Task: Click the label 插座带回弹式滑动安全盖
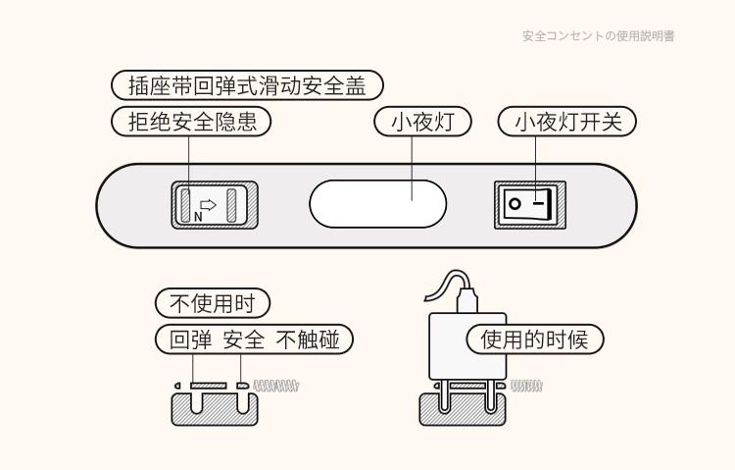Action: pos(247,85)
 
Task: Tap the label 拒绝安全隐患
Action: pos(192,122)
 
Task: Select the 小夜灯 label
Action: pos(423,122)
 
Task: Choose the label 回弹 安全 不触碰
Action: pos(255,340)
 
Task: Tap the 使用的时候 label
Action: pos(535,340)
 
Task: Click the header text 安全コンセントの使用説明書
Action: pos(598,36)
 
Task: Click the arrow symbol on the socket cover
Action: pos(209,201)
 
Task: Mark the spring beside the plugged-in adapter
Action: pos(526,386)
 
